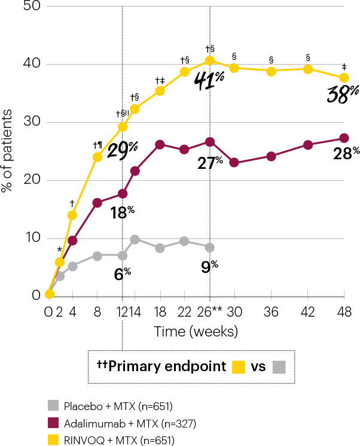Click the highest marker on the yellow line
209,60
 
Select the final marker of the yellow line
344,78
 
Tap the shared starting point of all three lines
50,294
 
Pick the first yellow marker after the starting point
60,262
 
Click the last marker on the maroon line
344,138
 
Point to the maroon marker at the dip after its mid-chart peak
234,162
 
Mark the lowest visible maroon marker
72,240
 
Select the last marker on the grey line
209,247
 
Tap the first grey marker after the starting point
60,276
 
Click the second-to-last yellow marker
308,69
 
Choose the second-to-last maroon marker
308,145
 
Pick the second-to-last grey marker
184,241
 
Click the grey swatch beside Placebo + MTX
53,405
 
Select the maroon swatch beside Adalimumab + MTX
53,423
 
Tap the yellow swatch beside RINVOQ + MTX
53,440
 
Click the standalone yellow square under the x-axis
239,367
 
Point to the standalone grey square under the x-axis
279,367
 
